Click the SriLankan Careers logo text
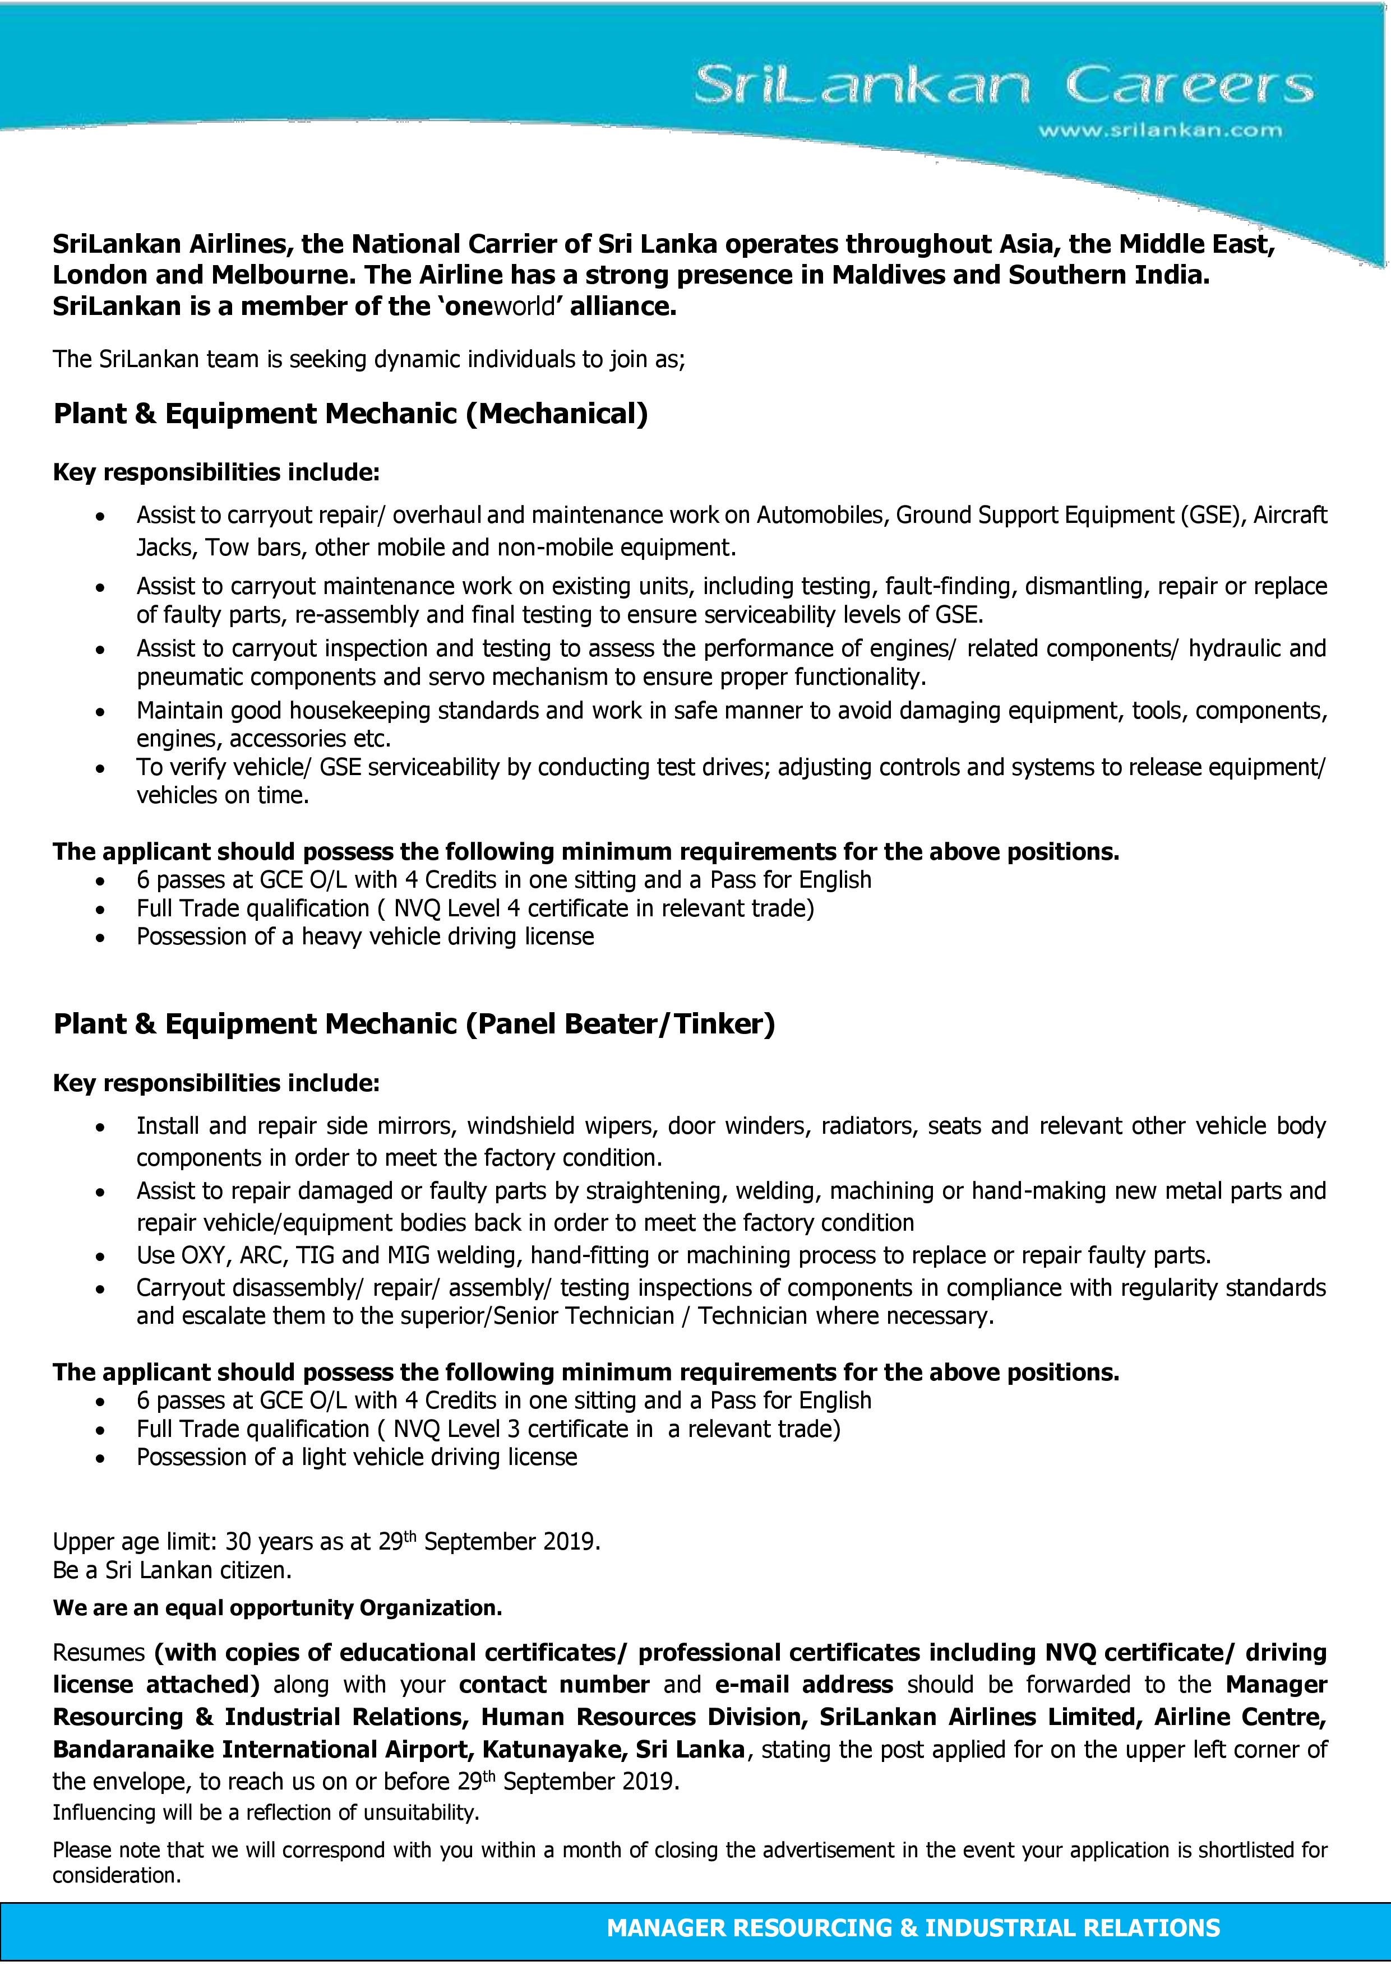pyautogui.click(x=1002, y=86)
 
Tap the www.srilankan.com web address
pyautogui.click(x=1160, y=131)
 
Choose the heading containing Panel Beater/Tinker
pyautogui.click(x=414, y=1024)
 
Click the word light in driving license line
pyautogui.click(x=330, y=1457)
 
